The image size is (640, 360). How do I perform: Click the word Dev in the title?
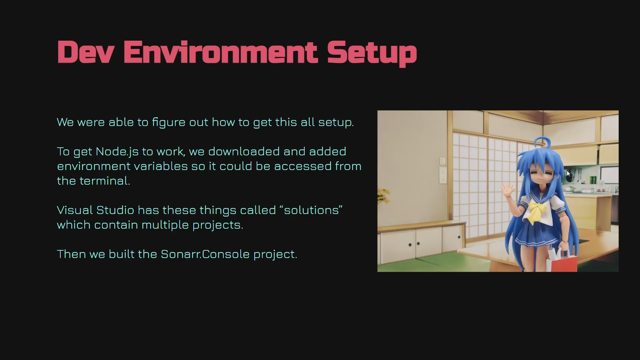[86, 52]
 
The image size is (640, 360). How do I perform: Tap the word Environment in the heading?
[220, 52]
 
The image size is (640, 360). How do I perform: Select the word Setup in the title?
[372, 53]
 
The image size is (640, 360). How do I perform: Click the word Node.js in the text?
[117, 152]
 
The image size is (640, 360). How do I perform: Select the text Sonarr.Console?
[205, 254]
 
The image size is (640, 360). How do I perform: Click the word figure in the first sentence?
[169, 123]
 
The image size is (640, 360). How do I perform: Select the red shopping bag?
[564, 262]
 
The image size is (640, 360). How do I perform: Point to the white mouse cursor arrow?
[568, 174]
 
